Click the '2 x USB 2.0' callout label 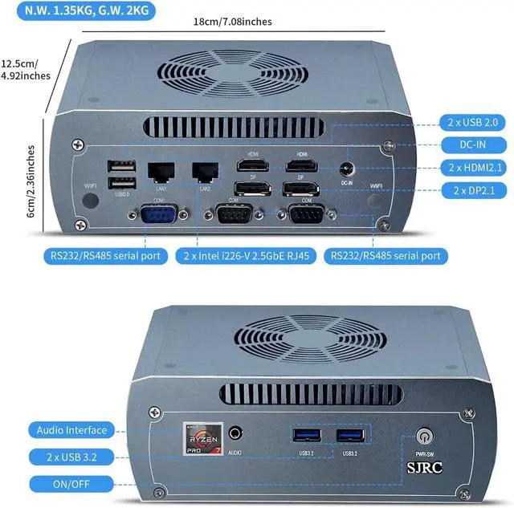pyautogui.click(x=474, y=122)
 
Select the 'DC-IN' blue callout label pyautogui.click(x=474, y=144)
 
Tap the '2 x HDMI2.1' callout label pyautogui.click(x=474, y=168)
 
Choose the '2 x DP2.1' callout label pyautogui.click(x=474, y=190)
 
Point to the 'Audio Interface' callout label pyautogui.click(x=71, y=430)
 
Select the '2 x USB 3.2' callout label pyautogui.click(x=71, y=456)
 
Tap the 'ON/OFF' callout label pyautogui.click(x=71, y=483)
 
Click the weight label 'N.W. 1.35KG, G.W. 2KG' pyautogui.click(x=78, y=11)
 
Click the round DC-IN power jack pyautogui.click(x=347, y=169)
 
